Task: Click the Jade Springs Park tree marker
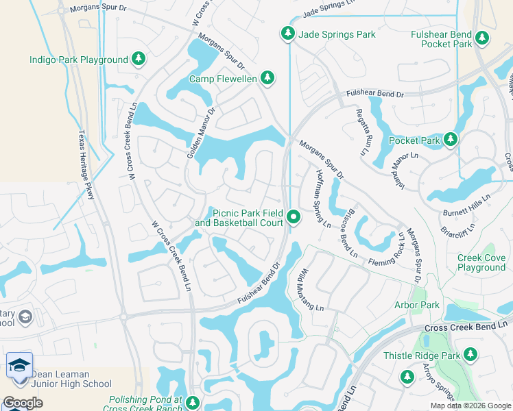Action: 287,34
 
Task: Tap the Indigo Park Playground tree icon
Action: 139,59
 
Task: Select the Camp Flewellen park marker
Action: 268,78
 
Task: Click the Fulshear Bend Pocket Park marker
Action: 484,38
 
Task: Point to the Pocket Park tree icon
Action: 450,140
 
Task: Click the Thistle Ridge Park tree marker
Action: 470,355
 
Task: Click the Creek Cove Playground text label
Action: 481,262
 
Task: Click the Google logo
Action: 23,403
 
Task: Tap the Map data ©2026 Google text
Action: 470,406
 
